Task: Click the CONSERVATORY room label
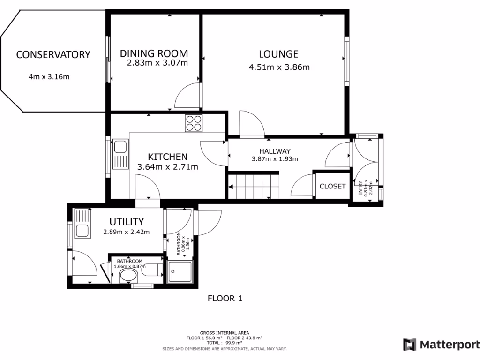(x=53, y=54)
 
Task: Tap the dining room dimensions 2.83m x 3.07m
(x=157, y=63)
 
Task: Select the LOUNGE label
(x=278, y=54)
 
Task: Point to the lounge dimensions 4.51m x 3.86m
(x=279, y=67)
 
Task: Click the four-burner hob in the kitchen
(x=193, y=122)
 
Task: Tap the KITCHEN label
(x=168, y=157)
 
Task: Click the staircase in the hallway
(x=253, y=186)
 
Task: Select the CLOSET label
(x=332, y=186)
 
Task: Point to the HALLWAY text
(x=275, y=151)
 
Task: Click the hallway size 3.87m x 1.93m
(x=275, y=159)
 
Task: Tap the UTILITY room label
(x=127, y=222)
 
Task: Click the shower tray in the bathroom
(x=180, y=272)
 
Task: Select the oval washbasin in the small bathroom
(x=128, y=277)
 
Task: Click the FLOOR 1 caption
(x=225, y=298)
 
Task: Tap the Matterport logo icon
(x=410, y=345)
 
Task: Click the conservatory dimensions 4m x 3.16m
(x=49, y=76)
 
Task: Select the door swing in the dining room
(x=188, y=96)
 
